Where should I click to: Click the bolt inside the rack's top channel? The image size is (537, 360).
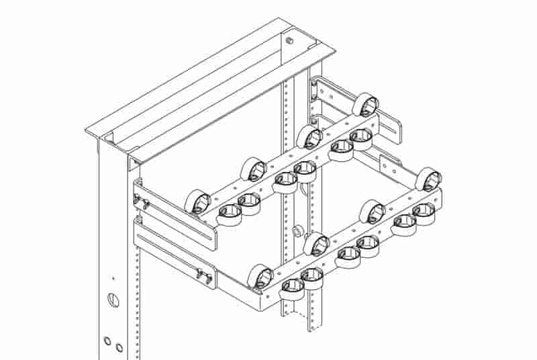click(290, 42)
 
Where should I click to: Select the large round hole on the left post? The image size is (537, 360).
click(111, 298)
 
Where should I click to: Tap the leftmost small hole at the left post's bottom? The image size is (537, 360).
click(107, 341)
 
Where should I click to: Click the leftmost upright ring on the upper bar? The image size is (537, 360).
click(197, 201)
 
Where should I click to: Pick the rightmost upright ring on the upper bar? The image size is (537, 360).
click(367, 104)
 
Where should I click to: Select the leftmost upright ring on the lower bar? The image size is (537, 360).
click(260, 276)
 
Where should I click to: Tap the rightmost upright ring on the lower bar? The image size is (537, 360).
click(428, 179)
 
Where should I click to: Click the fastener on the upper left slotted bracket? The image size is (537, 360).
click(142, 201)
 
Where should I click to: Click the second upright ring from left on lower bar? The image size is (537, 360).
click(315, 244)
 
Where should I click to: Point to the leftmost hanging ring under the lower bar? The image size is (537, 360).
click(291, 285)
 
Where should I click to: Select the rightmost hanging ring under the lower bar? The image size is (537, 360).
click(424, 212)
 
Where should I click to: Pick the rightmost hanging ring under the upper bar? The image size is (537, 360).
click(361, 138)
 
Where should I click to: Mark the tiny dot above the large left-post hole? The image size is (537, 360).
click(113, 277)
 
